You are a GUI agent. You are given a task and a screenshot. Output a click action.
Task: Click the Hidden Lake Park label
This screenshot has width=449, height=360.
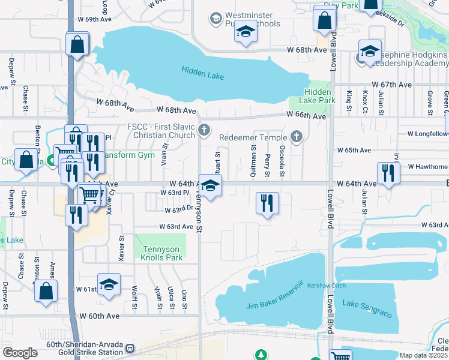coord(320,96)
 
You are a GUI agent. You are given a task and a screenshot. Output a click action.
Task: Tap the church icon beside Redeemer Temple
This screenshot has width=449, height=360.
coord(295,137)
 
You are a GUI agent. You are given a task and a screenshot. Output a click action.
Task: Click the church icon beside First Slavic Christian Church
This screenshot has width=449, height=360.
coord(205,130)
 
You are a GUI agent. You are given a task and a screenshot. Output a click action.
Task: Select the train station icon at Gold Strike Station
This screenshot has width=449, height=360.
coord(129,348)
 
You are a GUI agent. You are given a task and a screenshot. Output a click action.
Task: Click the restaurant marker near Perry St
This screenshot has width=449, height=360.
coord(267,202)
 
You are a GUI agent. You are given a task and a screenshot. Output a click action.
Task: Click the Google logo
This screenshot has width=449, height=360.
coord(20,353)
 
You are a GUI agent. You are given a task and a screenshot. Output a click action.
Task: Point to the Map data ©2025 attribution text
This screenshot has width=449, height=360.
coord(423,355)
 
